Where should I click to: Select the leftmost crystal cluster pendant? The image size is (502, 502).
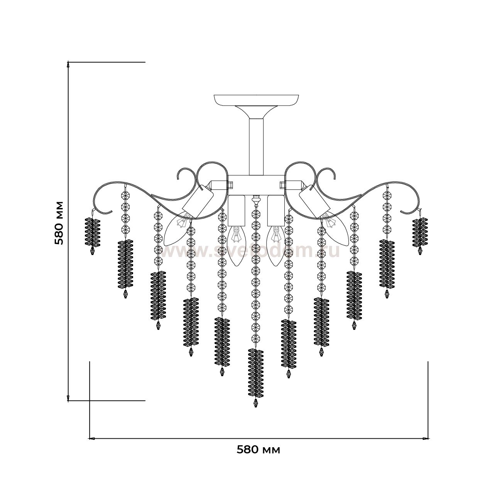[x=93, y=232]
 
